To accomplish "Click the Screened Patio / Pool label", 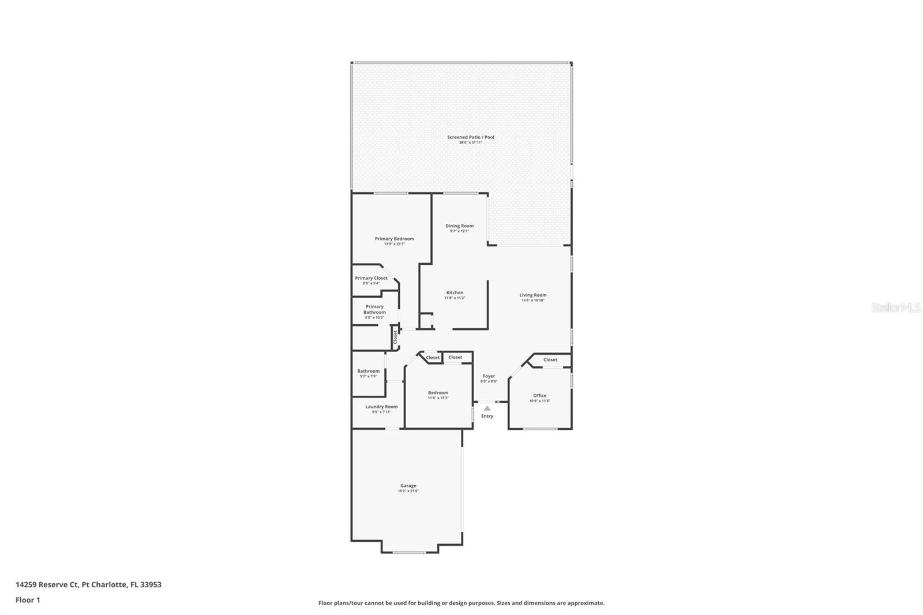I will click(470, 137).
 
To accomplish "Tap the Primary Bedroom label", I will click(394, 239).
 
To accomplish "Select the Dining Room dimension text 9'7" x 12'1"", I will click(459, 231).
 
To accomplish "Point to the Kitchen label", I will click(455, 292).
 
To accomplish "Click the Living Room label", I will click(532, 295).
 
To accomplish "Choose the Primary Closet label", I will click(371, 278).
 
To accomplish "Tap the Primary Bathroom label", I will click(374, 309).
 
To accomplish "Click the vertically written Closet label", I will click(395, 337).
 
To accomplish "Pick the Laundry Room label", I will click(381, 407).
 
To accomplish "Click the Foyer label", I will click(489, 376).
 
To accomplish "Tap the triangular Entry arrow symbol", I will click(487, 408).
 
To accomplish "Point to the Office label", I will click(539, 396).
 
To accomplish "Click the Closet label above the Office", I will click(550, 359).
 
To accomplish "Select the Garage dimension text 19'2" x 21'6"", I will click(408, 491).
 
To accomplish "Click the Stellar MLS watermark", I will click(895, 307).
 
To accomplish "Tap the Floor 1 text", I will click(28, 600).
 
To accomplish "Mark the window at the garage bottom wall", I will click(410, 553).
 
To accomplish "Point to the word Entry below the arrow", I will click(487, 416).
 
